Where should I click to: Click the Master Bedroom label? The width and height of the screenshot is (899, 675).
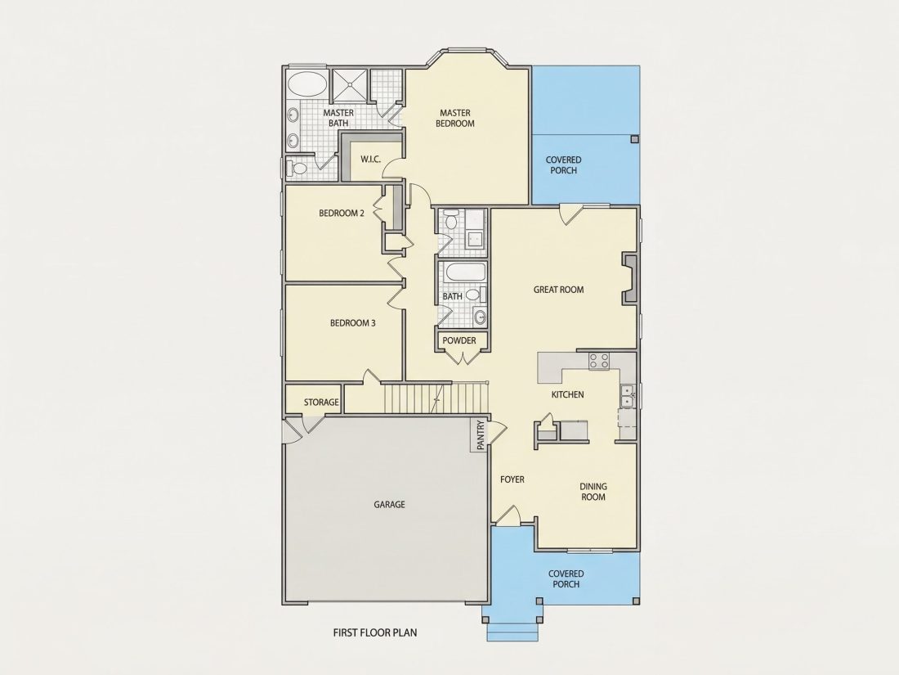point(455,119)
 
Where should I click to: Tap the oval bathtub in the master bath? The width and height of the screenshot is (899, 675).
point(306,84)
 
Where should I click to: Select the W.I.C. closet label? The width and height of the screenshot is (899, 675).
point(371,159)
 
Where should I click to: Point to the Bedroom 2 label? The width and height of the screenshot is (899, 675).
point(342,213)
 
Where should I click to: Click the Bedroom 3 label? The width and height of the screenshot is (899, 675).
point(352,323)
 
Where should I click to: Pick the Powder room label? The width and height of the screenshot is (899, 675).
point(459,340)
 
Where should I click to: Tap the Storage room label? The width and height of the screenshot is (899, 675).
point(321,403)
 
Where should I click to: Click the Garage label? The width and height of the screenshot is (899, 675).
point(389,505)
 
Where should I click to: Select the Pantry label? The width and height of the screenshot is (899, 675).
point(481,435)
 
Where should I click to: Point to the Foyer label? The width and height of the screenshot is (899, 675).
point(512,479)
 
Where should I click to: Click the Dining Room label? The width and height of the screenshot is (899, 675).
point(593,492)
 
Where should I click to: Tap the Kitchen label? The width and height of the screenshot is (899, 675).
point(568,394)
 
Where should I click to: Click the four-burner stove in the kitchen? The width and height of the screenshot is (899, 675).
point(600,361)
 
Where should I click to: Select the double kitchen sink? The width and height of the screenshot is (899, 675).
point(627,396)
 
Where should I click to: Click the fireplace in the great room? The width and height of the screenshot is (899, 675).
point(630,280)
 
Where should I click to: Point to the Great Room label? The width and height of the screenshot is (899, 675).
point(558,290)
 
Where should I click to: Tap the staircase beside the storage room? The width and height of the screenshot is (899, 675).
point(436,398)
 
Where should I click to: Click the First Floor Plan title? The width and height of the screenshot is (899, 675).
point(375,632)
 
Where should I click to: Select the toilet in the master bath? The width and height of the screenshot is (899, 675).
point(297,169)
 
